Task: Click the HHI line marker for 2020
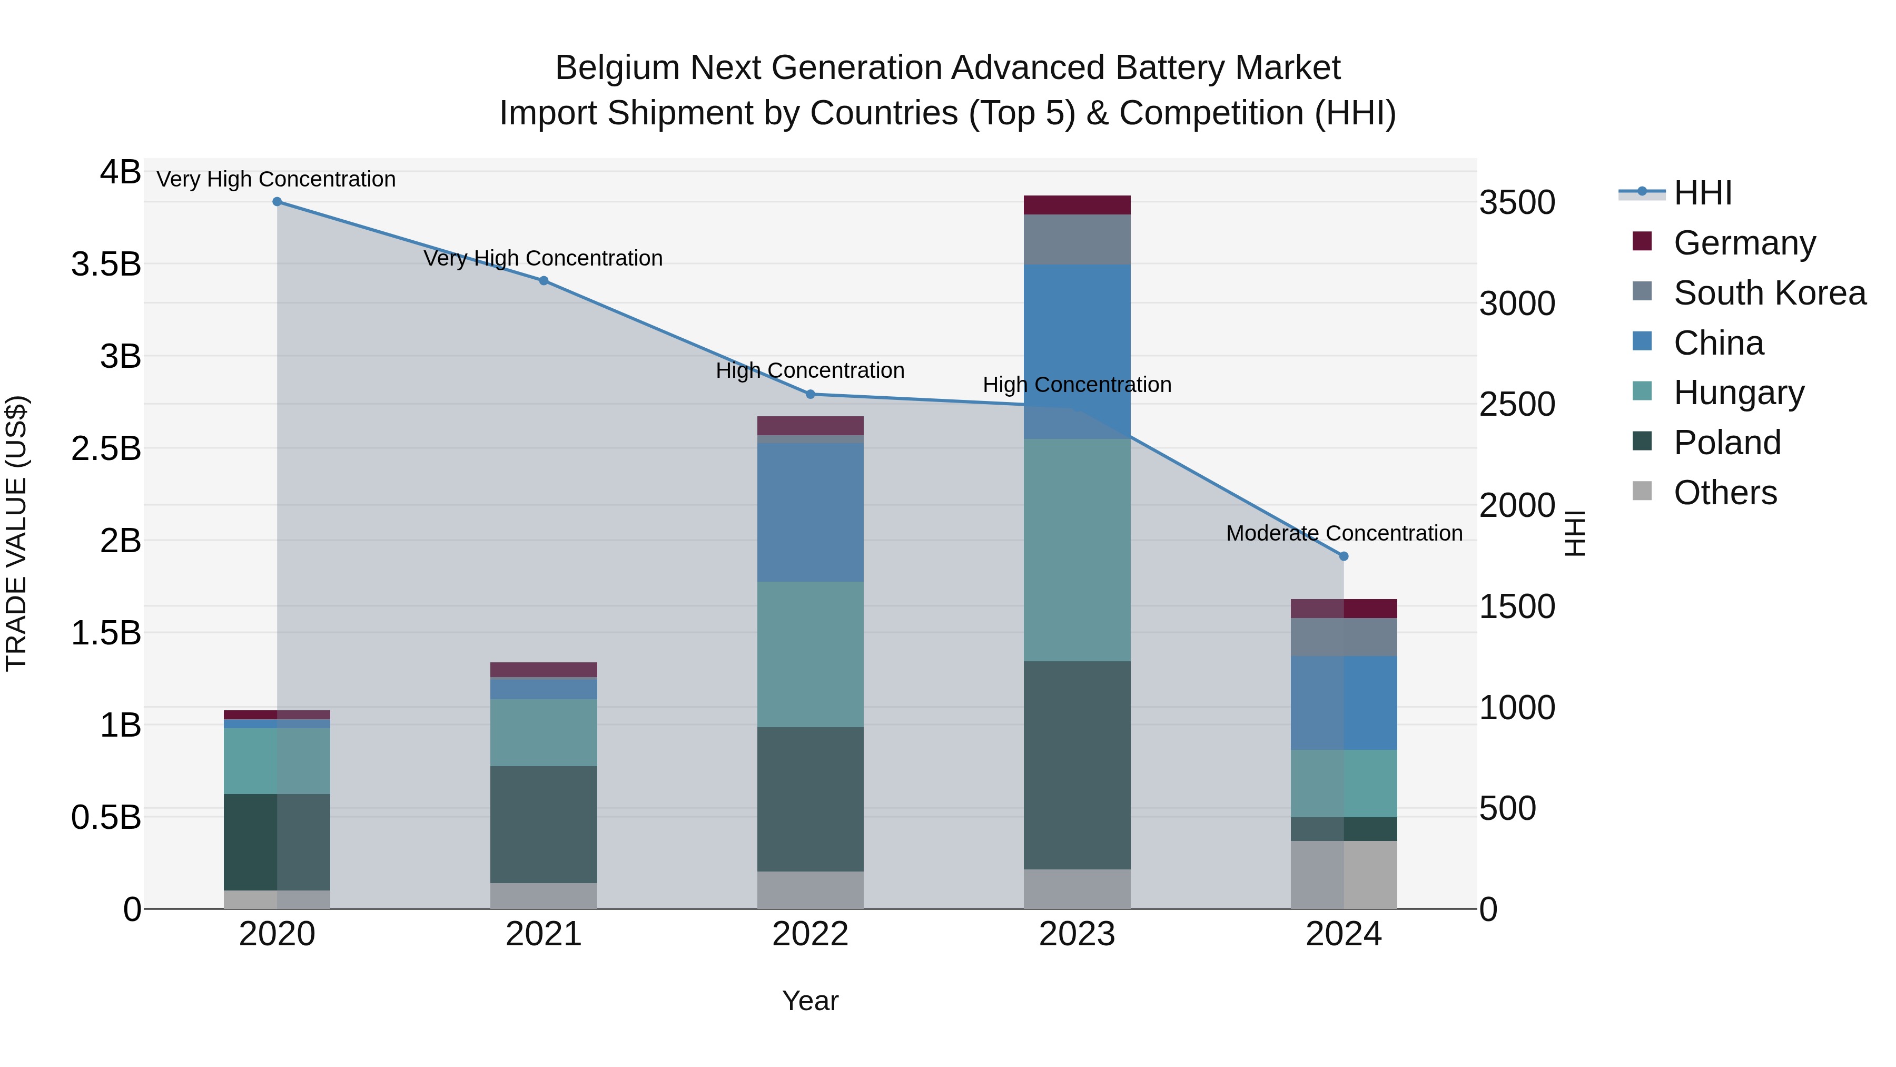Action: (x=276, y=202)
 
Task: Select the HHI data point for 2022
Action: (x=811, y=394)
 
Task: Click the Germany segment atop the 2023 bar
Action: (x=1077, y=205)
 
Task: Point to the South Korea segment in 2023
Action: (x=1077, y=239)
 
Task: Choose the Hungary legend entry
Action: (x=1739, y=393)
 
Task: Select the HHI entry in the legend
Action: (x=1702, y=193)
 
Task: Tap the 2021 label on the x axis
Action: (x=544, y=934)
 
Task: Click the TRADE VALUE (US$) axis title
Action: (x=17, y=533)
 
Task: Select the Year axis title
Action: (x=811, y=1001)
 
